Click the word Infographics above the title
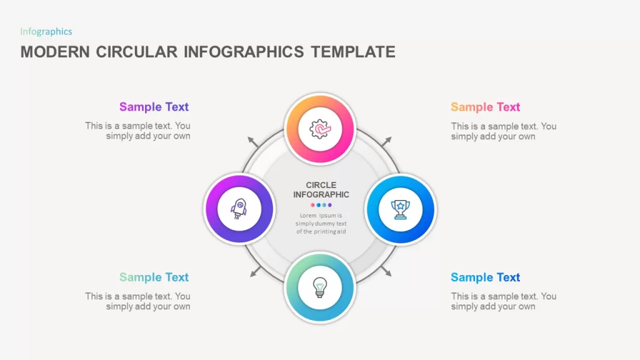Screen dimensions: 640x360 pos(46,32)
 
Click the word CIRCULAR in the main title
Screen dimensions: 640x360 pos(137,52)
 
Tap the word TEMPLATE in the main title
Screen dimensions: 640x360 pos(353,52)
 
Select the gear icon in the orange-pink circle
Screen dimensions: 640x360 pos(320,129)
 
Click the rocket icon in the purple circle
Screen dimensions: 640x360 pos(239,209)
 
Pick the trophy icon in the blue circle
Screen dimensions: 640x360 pos(400,209)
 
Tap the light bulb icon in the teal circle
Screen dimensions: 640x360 pos(320,287)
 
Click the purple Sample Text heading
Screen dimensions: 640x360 pos(154,107)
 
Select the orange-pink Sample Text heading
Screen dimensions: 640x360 pos(485,107)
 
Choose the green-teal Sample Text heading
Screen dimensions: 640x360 pos(154,277)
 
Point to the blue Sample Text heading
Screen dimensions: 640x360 pos(485,277)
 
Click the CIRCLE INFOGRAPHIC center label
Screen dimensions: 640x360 pos(321,190)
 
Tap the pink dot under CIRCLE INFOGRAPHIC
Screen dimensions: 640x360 pos(312,205)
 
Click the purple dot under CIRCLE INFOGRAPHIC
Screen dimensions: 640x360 pos(330,205)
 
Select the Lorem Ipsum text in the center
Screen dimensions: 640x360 pos(321,223)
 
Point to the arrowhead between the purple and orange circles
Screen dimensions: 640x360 pos(252,141)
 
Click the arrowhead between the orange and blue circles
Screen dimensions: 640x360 pos(387,141)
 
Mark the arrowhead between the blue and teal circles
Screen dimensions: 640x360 pos(386,272)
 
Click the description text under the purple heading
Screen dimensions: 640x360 pos(137,131)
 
